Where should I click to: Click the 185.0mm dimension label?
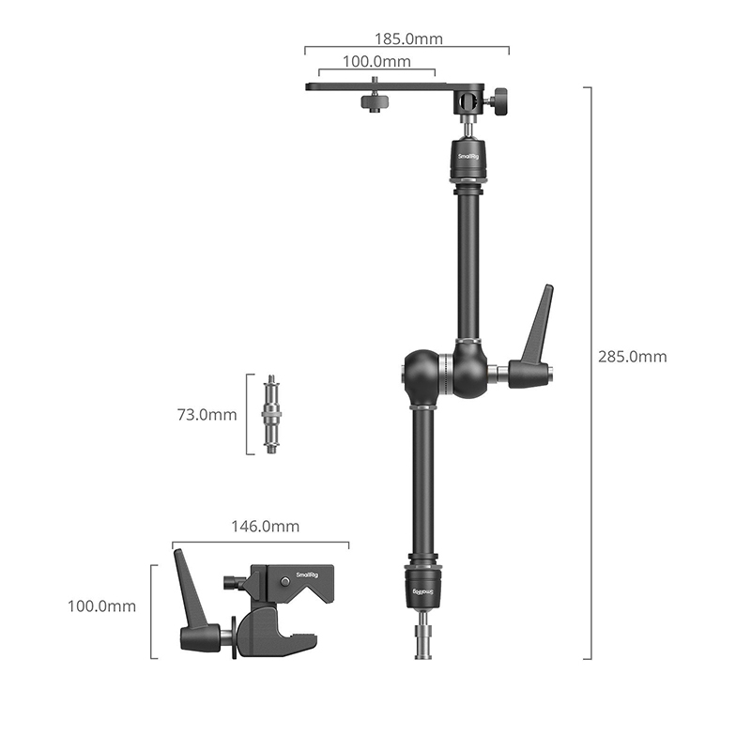[x=408, y=38]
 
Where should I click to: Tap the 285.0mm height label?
[x=632, y=357]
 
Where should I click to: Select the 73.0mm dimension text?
[x=207, y=414]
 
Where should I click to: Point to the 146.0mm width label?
[x=266, y=527]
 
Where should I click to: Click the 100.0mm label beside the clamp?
[x=101, y=605]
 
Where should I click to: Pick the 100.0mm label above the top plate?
[x=376, y=61]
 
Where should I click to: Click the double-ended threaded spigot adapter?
[x=271, y=414]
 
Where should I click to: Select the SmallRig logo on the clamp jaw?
[x=308, y=575]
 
